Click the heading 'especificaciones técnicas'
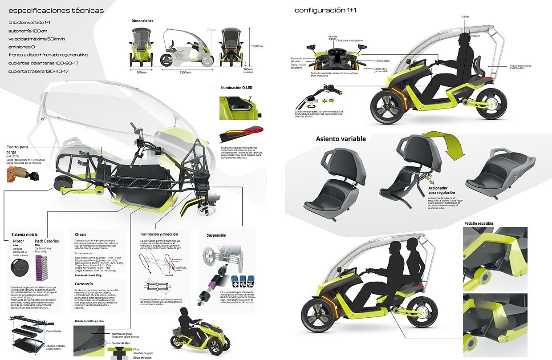click(56, 10)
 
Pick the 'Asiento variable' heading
click(341, 139)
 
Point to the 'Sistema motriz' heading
click(24, 234)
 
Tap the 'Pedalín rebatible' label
click(478, 223)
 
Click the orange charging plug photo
click(18, 174)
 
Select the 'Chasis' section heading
click(81, 234)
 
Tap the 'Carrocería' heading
click(84, 283)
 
